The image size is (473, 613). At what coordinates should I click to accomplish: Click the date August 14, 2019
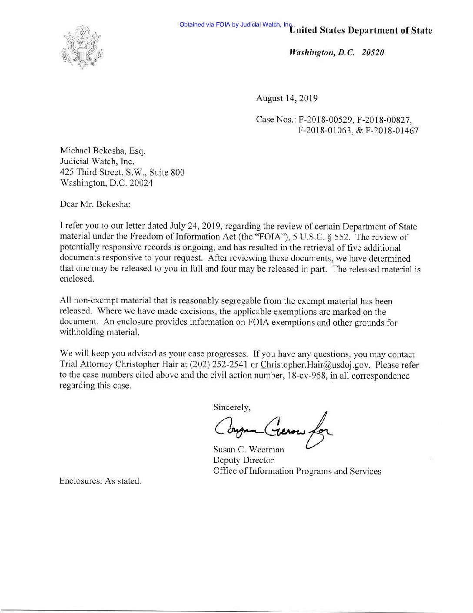pos(286,98)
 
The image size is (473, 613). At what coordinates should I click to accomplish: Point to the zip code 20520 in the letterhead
pos(373,53)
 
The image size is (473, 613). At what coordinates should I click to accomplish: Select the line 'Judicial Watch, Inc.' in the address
pos(94,162)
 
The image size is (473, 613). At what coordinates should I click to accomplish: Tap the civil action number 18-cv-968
pos(305,375)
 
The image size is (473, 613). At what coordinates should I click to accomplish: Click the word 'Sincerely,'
pos(232,408)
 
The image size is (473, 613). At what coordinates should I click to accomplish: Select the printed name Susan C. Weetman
pos(248,449)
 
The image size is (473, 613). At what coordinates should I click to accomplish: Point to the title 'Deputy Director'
pos(243,460)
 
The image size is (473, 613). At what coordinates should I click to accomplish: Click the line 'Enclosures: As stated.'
pos(100,482)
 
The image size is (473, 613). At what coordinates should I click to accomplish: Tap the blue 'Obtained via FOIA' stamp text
pos(235,24)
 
